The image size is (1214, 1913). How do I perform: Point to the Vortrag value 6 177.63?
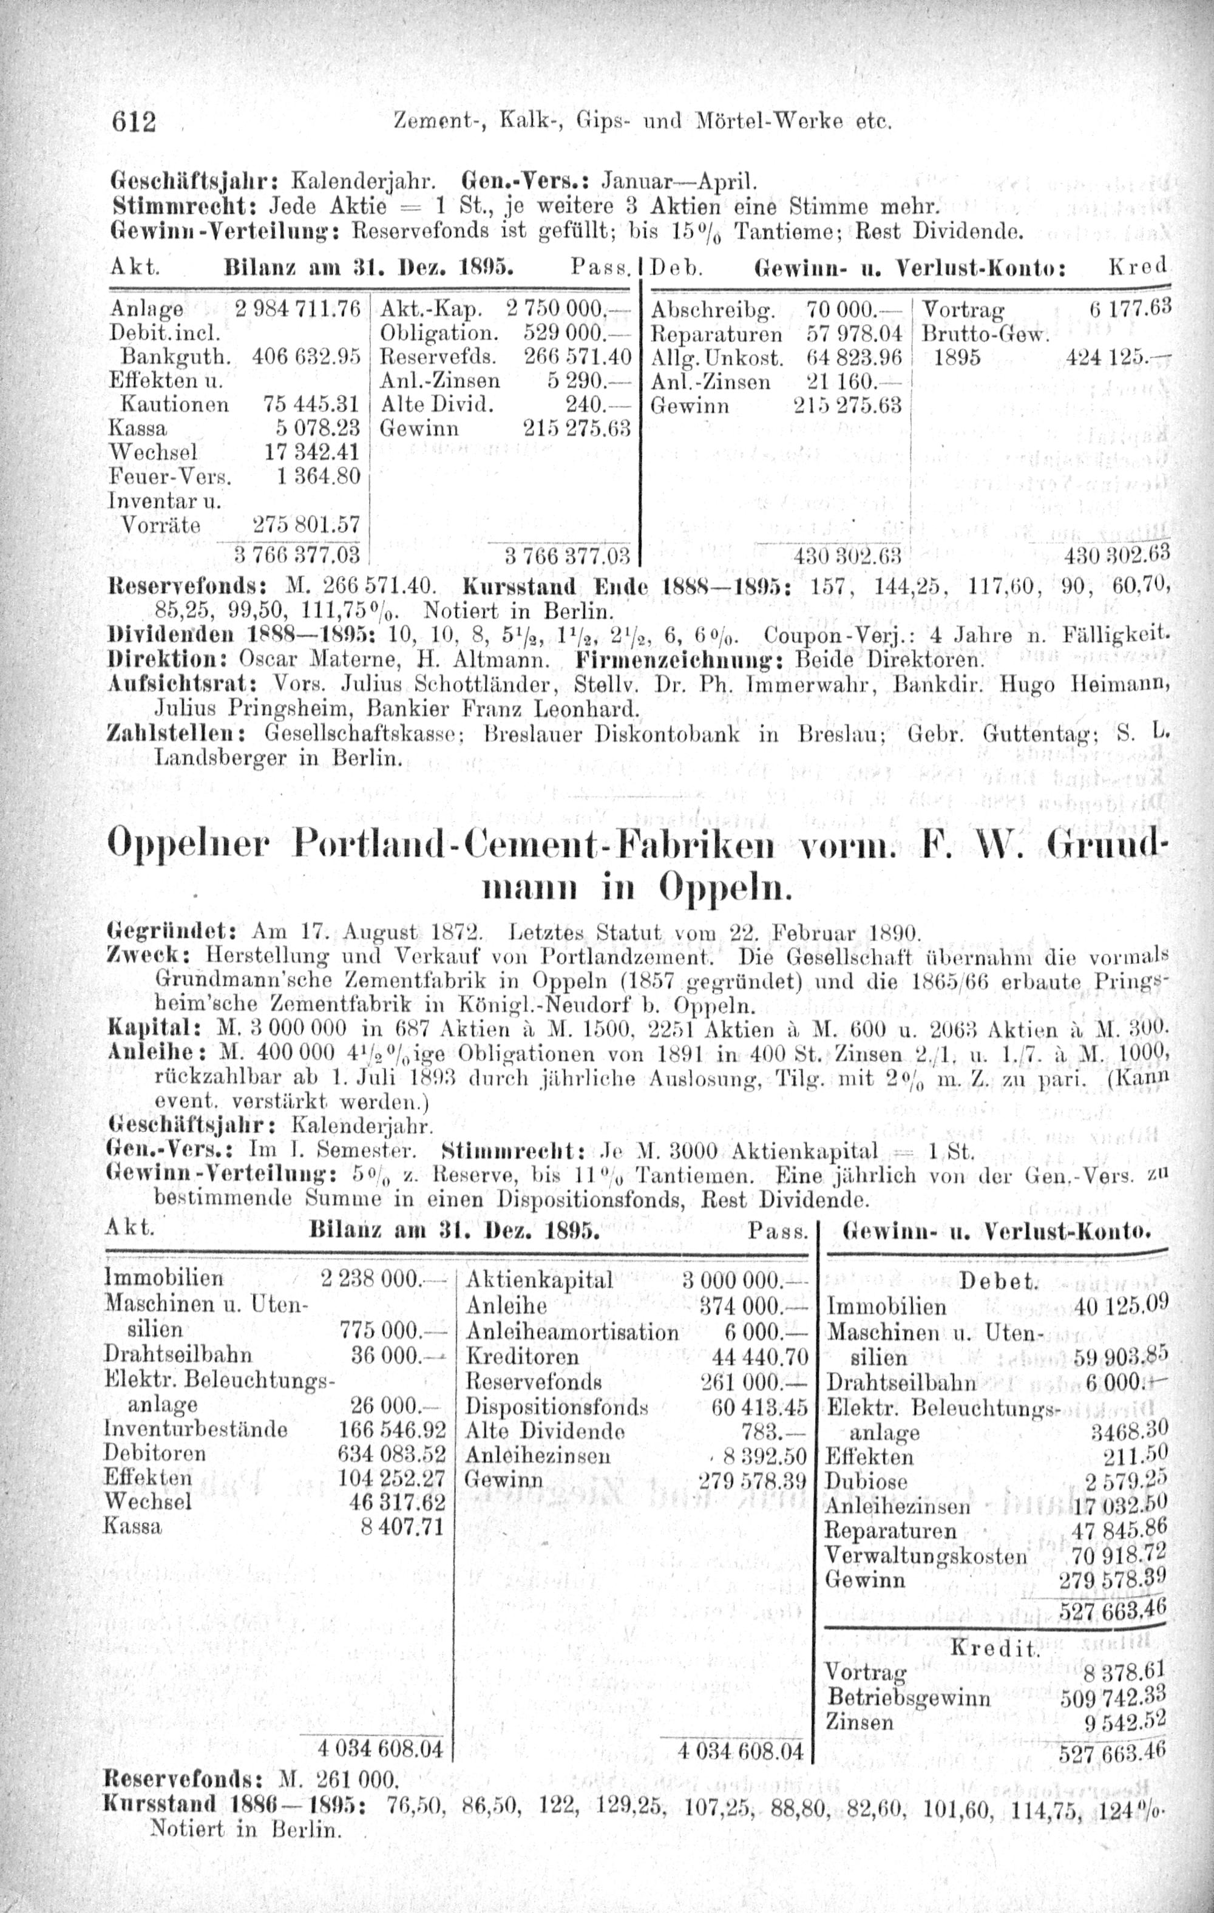(x=1128, y=309)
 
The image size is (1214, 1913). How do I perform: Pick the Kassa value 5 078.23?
(x=316, y=429)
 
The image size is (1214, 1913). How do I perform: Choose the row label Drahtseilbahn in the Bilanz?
(x=178, y=1354)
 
